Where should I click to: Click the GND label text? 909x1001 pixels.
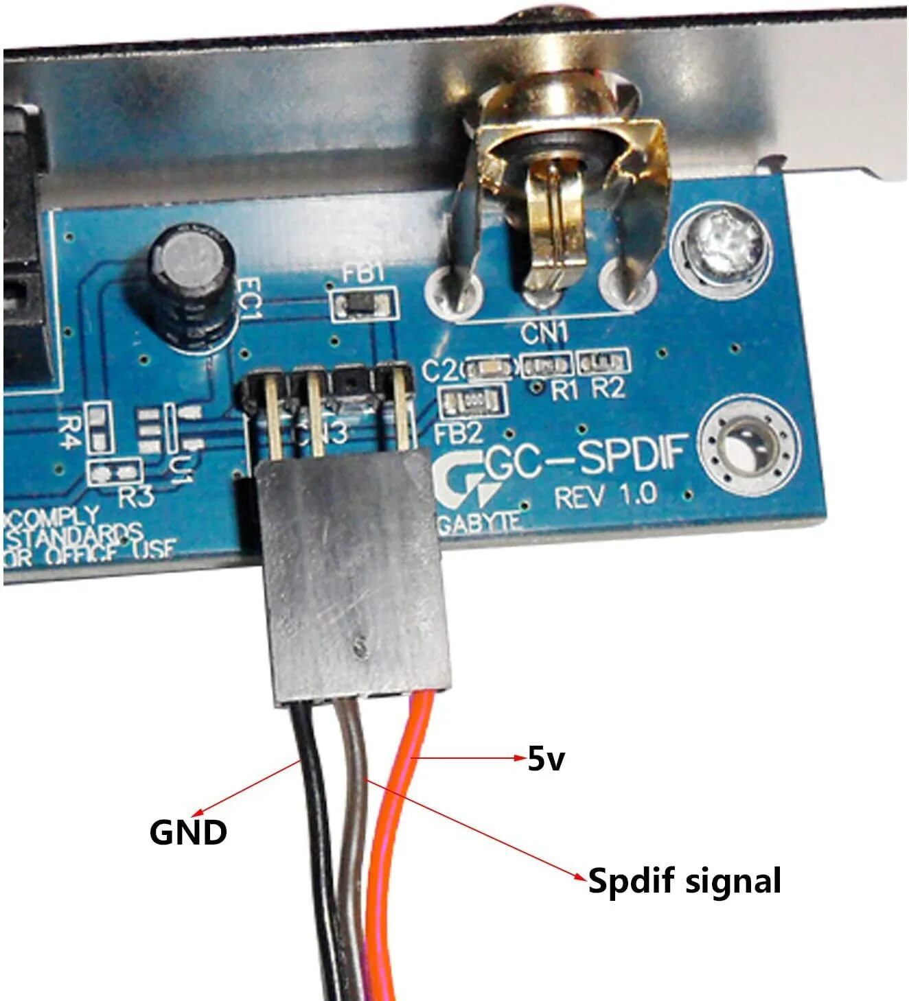[188, 832]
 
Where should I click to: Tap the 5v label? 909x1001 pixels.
[546, 759]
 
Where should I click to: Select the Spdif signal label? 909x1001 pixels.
[684, 880]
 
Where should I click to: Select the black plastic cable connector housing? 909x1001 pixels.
[353, 576]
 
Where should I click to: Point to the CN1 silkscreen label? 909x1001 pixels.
[544, 334]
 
